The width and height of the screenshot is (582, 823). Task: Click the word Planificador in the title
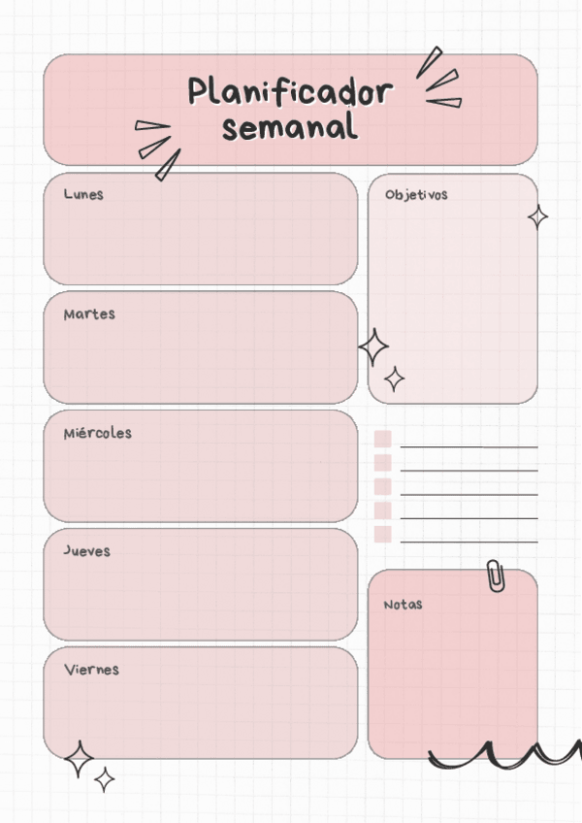click(x=290, y=93)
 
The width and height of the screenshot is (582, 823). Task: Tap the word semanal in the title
click(x=289, y=127)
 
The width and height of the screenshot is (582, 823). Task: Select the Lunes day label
click(x=83, y=194)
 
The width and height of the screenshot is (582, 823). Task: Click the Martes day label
click(x=89, y=314)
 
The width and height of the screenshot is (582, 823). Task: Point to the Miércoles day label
click(x=97, y=433)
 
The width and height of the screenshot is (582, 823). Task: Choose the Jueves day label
click(x=87, y=551)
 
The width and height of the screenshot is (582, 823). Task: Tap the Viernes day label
click(x=91, y=670)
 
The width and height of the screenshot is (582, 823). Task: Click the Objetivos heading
click(x=416, y=195)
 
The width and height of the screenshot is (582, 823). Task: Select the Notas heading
click(x=403, y=605)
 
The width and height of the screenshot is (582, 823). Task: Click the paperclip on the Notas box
click(x=496, y=576)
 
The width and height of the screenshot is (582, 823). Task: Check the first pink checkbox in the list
click(x=382, y=440)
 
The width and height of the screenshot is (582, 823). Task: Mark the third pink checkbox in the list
click(x=382, y=486)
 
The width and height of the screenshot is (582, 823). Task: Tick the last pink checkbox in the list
click(x=382, y=534)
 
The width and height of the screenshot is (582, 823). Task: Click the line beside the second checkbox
click(x=469, y=471)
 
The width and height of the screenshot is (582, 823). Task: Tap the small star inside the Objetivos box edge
click(x=537, y=217)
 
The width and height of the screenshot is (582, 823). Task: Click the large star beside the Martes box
click(x=373, y=346)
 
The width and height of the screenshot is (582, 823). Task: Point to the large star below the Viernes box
click(x=79, y=759)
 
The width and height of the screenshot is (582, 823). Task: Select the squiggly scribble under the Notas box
click(x=504, y=755)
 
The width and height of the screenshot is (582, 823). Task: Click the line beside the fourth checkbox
click(x=469, y=518)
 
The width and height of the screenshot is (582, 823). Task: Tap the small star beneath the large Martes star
click(x=394, y=379)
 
